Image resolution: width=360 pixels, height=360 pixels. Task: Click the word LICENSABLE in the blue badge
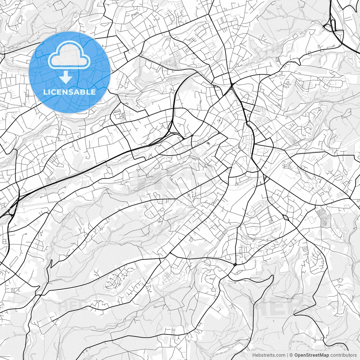pyautogui.click(x=69, y=92)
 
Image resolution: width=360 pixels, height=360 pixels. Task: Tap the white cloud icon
pyautogui.click(x=69, y=55)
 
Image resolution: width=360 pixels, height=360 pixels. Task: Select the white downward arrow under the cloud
pyautogui.click(x=66, y=77)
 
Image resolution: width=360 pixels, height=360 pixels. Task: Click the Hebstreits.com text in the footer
pyautogui.click(x=269, y=355)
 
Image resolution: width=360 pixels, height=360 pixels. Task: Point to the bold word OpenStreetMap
pyautogui.click(x=312, y=355)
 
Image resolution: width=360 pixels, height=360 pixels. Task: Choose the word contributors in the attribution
pyautogui.click(x=343, y=355)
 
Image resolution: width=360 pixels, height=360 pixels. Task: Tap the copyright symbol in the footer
pyautogui.click(x=291, y=355)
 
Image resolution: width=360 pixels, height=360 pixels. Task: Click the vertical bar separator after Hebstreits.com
pyautogui.click(x=287, y=355)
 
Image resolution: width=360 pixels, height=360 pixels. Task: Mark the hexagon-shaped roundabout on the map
pyautogui.click(x=286, y=217)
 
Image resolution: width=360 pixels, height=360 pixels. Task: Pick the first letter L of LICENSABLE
pyautogui.click(x=45, y=92)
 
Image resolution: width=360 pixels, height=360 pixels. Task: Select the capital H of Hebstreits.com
pyautogui.click(x=254, y=355)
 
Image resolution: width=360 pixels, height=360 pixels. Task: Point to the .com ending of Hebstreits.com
pyautogui.click(x=280, y=355)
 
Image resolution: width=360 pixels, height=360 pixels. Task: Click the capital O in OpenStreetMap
pyautogui.click(x=296, y=355)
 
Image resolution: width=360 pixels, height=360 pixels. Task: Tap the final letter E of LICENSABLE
pyautogui.click(x=93, y=92)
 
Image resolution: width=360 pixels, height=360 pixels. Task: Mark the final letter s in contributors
pyautogui.click(x=355, y=355)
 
